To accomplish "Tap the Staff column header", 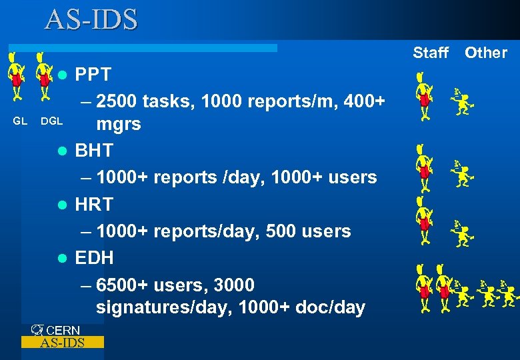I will pos(431,53).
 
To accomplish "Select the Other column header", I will pos(485,53).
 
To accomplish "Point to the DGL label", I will pos(51,121).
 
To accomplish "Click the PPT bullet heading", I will pos(93,74).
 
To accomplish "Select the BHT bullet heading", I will pos(94,151).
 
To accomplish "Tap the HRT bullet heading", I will pos(94,204).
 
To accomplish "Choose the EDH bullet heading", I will pos(94,258).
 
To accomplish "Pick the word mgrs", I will pos(119,124).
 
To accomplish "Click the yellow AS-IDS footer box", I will pos(63,343).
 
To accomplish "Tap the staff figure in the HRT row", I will pos(423,220).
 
